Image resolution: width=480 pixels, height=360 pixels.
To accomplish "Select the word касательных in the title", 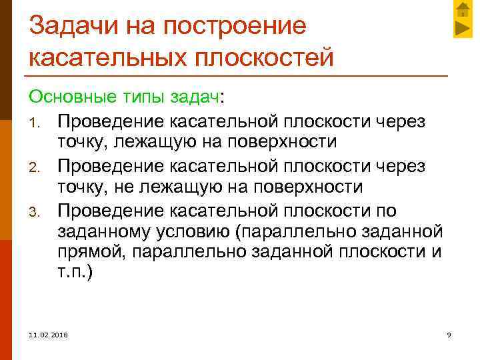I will pyautogui.click(x=107, y=58).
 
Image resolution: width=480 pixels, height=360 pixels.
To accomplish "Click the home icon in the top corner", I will pyautogui.click(x=462, y=9).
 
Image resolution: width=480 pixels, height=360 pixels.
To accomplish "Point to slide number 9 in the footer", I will pyautogui.click(x=449, y=334).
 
